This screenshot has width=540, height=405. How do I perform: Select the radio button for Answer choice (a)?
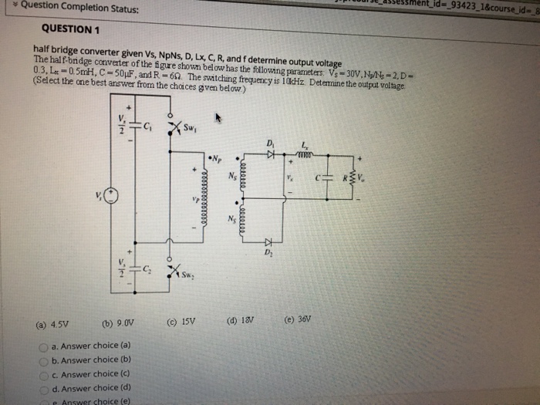[x=43, y=346]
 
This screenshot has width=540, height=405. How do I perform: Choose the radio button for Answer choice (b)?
[x=44, y=359]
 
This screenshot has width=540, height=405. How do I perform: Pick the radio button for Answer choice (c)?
[x=44, y=374]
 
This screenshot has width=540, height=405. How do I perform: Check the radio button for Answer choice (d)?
[x=44, y=388]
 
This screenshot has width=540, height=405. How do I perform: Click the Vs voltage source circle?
[x=110, y=194]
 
